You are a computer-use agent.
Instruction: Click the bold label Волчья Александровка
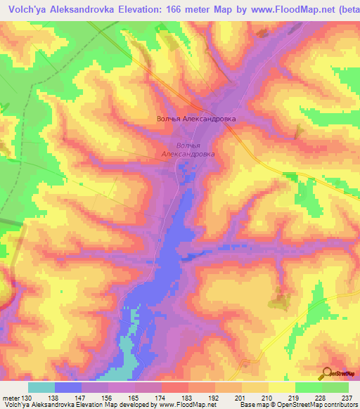195,119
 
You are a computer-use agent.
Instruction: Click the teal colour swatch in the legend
41,387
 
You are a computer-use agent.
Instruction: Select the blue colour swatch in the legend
68,387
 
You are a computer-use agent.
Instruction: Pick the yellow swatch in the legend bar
281,387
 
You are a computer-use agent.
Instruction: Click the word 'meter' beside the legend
11,398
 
